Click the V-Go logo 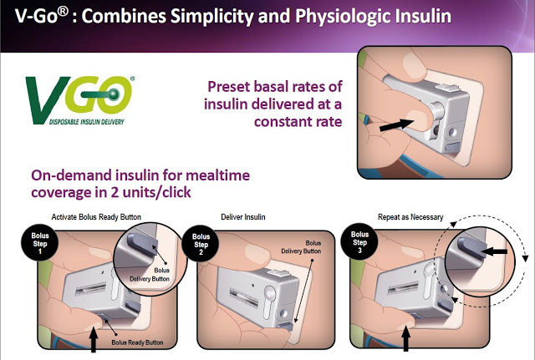pos(80,100)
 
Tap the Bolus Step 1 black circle pos(40,243)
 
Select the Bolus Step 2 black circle pos(201,243)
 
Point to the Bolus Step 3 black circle pos(359,242)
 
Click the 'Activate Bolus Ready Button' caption pos(96,217)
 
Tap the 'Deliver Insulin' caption pos(243,217)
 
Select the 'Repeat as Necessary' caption pos(410,217)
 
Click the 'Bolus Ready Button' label pos(137,342)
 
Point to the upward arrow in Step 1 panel pos(94,339)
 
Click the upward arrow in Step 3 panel pos(405,338)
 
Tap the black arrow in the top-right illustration pos(397,125)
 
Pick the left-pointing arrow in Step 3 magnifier pos(496,252)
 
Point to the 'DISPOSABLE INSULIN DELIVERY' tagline pos(87,122)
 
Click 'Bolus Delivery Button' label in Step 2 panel pos(301,247)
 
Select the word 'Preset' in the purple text pos(229,87)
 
